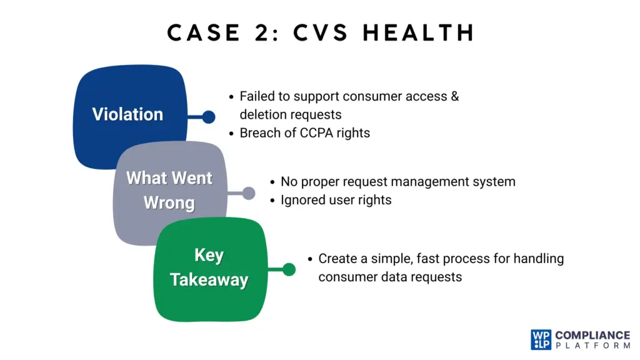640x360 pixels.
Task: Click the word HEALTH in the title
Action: (419, 32)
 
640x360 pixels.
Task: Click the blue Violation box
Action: (128, 114)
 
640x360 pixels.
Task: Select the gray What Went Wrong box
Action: (169, 191)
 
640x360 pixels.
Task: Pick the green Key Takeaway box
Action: (209, 268)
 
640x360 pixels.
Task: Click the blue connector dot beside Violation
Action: (209, 117)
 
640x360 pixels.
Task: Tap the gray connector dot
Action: (248, 193)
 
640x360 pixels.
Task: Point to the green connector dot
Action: (288, 269)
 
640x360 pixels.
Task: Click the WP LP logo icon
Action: (541, 340)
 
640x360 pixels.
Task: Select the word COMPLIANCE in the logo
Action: (592, 335)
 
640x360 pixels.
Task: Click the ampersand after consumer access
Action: (454, 97)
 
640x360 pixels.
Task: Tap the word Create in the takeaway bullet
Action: (337, 258)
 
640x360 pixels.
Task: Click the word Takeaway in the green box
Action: (209, 280)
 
